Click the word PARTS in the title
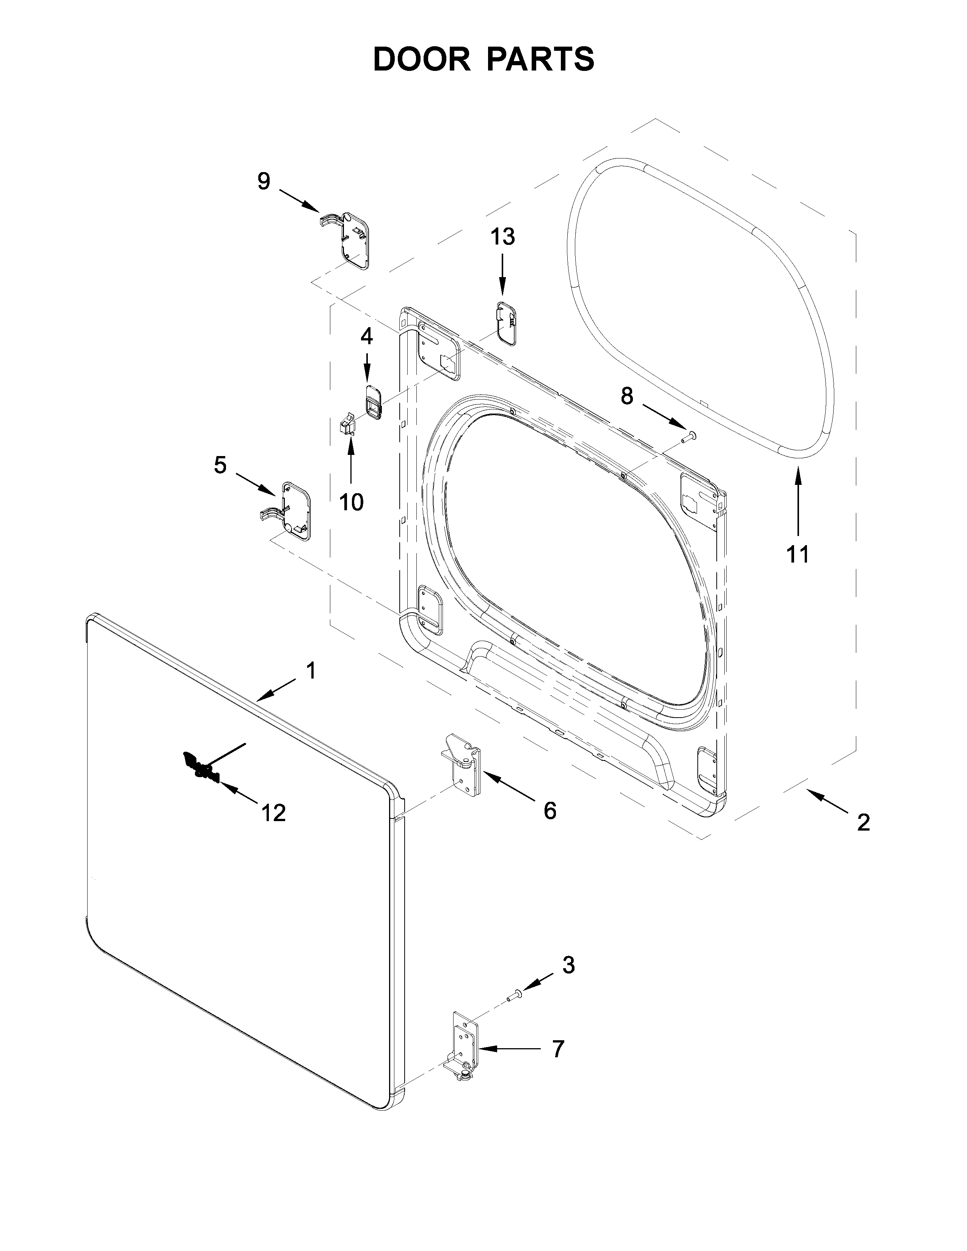pos(542,59)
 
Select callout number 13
pos(502,236)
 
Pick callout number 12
pos(273,813)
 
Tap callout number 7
pos(558,1049)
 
